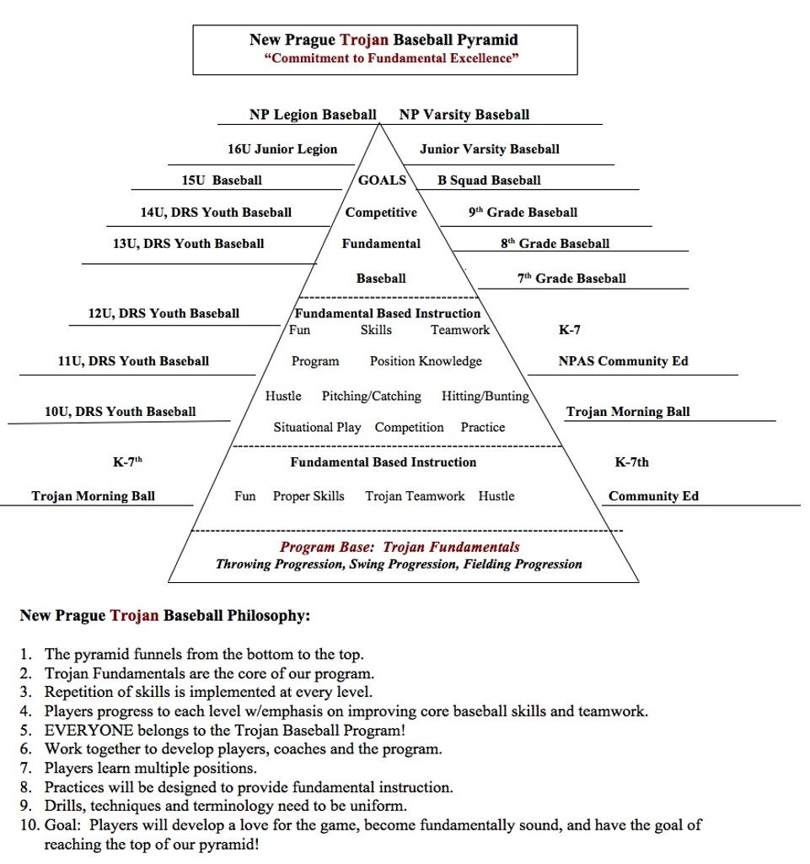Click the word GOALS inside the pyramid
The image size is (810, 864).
(382, 180)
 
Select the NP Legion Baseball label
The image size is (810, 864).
(313, 115)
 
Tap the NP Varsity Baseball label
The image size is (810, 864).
(464, 115)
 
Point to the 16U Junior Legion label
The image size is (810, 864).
(282, 149)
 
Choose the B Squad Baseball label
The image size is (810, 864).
(489, 180)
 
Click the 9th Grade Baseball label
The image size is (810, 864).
(523, 213)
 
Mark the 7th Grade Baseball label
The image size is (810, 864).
(571, 278)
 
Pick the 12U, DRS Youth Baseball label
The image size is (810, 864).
(164, 313)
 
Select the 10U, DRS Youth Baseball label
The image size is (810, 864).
(120, 412)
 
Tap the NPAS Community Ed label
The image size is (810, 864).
(623, 361)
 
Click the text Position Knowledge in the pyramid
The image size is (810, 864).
(426, 361)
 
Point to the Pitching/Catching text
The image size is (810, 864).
(371, 396)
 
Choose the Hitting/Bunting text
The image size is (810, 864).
(485, 396)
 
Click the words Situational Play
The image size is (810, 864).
(317, 428)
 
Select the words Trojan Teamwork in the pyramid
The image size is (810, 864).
(415, 496)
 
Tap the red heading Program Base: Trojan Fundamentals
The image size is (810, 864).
(400, 547)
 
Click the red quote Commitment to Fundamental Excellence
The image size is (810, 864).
(391, 58)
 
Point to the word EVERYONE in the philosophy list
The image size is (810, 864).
(89, 730)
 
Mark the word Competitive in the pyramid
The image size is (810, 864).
(381, 213)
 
